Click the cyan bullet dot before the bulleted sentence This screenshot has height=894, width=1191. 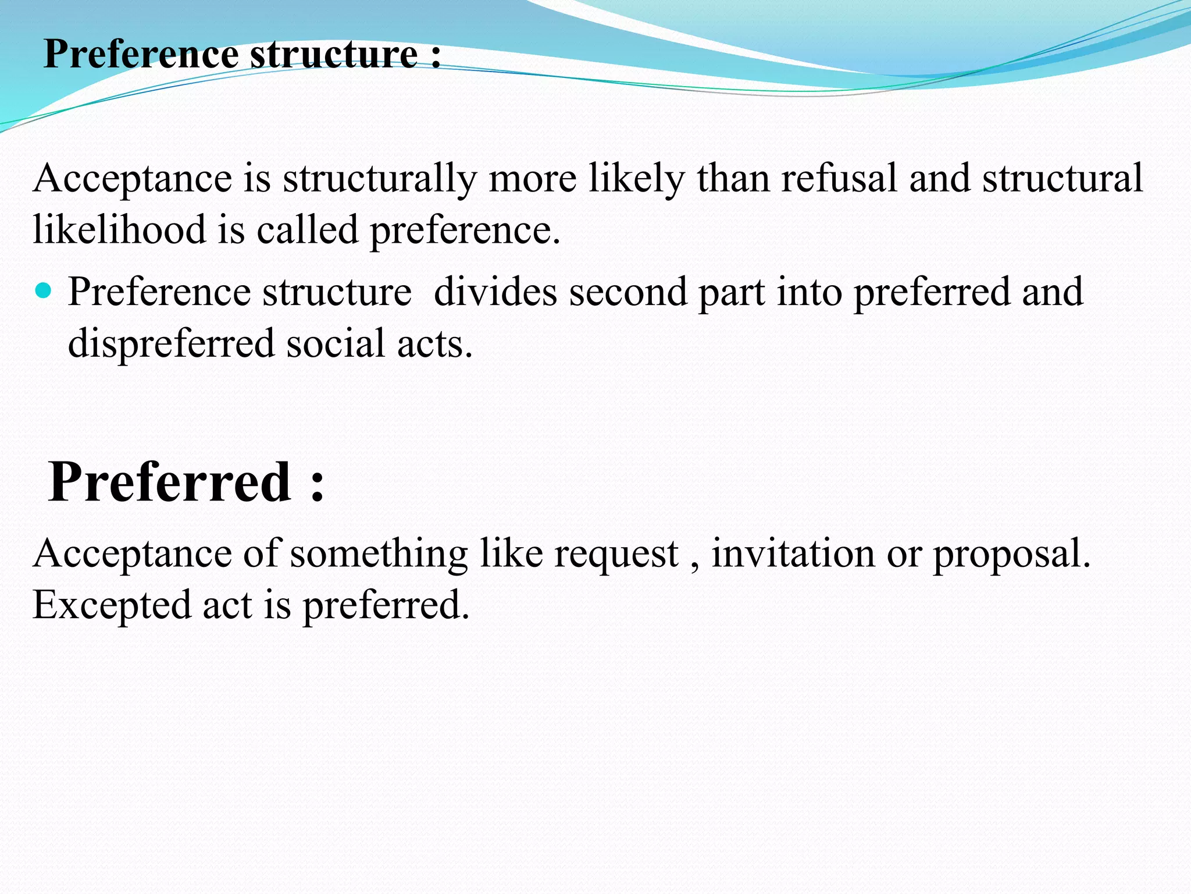[43, 290]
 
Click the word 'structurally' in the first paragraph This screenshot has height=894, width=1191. [380, 178]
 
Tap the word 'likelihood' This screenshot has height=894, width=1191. [119, 229]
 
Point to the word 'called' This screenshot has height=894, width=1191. [307, 229]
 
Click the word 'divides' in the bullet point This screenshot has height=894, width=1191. [495, 292]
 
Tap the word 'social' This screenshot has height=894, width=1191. [336, 343]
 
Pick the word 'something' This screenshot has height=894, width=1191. [379, 554]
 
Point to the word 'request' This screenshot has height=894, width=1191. [616, 554]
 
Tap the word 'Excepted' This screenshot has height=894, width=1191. [111, 605]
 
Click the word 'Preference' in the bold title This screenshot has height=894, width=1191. [141, 54]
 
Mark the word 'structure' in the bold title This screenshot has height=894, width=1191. [334, 54]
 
